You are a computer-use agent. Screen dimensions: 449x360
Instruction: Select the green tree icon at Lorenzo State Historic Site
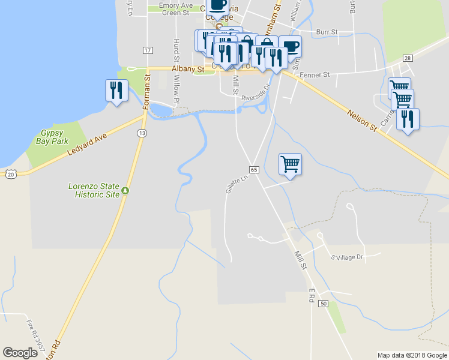point(125,191)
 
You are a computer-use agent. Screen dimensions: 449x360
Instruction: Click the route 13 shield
point(142,133)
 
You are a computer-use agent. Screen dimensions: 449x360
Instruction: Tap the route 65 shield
point(254,170)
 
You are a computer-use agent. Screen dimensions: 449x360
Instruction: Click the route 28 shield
point(408,58)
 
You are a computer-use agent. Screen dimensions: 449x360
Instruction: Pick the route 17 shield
point(147,50)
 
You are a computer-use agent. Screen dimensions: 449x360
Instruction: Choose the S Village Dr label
point(348,257)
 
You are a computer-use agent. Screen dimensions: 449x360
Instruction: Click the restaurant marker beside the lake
point(115,90)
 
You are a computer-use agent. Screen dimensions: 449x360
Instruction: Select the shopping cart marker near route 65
point(290,163)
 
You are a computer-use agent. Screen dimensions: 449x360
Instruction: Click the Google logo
point(20,353)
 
